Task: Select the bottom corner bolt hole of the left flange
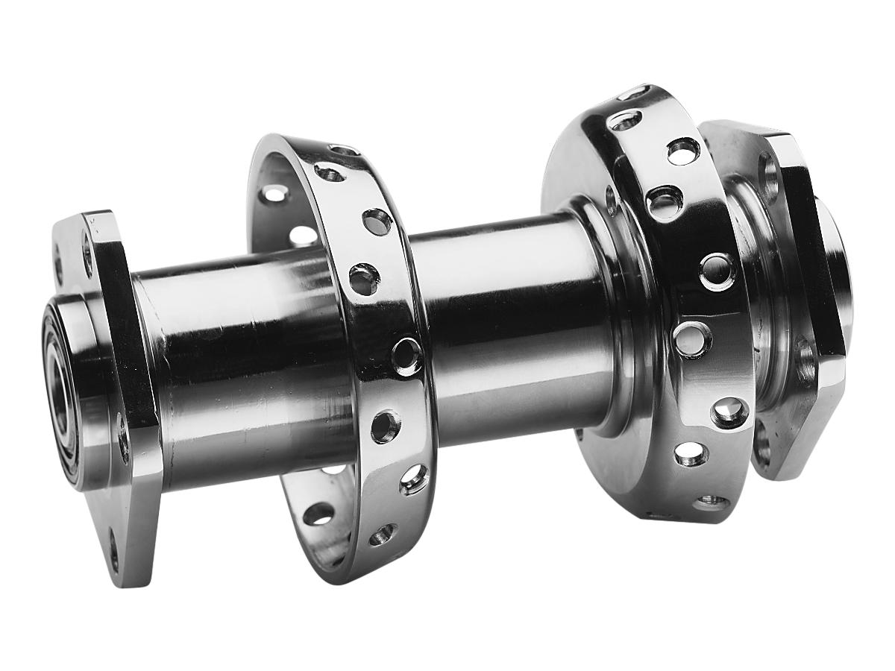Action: pyautogui.click(x=113, y=555)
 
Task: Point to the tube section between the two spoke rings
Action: pyautogui.click(x=507, y=328)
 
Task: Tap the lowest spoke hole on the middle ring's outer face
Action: pyautogui.click(x=383, y=534)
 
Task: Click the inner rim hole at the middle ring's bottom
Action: pyautogui.click(x=318, y=514)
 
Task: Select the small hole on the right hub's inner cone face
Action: pyautogui.click(x=612, y=201)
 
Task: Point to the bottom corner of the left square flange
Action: pyautogui.click(x=127, y=578)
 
